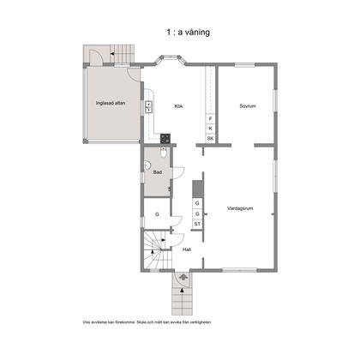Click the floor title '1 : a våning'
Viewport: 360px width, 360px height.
click(x=188, y=32)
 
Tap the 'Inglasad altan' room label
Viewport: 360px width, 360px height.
click(x=111, y=103)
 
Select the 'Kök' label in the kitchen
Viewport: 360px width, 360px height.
click(x=178, y=106)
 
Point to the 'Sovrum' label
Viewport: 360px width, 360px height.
click(x=248, y=106)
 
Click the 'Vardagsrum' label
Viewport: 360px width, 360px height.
click(x=240, y=208)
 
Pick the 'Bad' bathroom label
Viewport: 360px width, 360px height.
click(x=158, y=172)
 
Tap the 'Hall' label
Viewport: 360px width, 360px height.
click(x=187, y=249)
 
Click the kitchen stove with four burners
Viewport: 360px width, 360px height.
click(x=165, y=139)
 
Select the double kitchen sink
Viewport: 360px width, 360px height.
click(x=148, y=106)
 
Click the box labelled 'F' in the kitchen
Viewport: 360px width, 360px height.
click(x=211, y=118)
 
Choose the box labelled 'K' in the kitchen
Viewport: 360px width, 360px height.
click(x=211, y=129)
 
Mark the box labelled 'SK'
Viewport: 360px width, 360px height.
click(x=211, y=139)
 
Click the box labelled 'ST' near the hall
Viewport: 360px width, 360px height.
click(x=197, y=224)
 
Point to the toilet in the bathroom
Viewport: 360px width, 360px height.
click(x=164, y=153)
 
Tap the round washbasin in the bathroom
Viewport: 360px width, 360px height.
click(x=147, y=165)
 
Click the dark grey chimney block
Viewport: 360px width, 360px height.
click(x=197, y=189)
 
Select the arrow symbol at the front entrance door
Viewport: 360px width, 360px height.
click(x=183, y=277)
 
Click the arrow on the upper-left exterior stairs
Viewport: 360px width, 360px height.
click(x=112, y=53)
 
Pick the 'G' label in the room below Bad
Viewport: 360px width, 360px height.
click(x=157, y=214)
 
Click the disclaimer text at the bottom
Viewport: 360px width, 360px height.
click(x=147, y=322)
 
